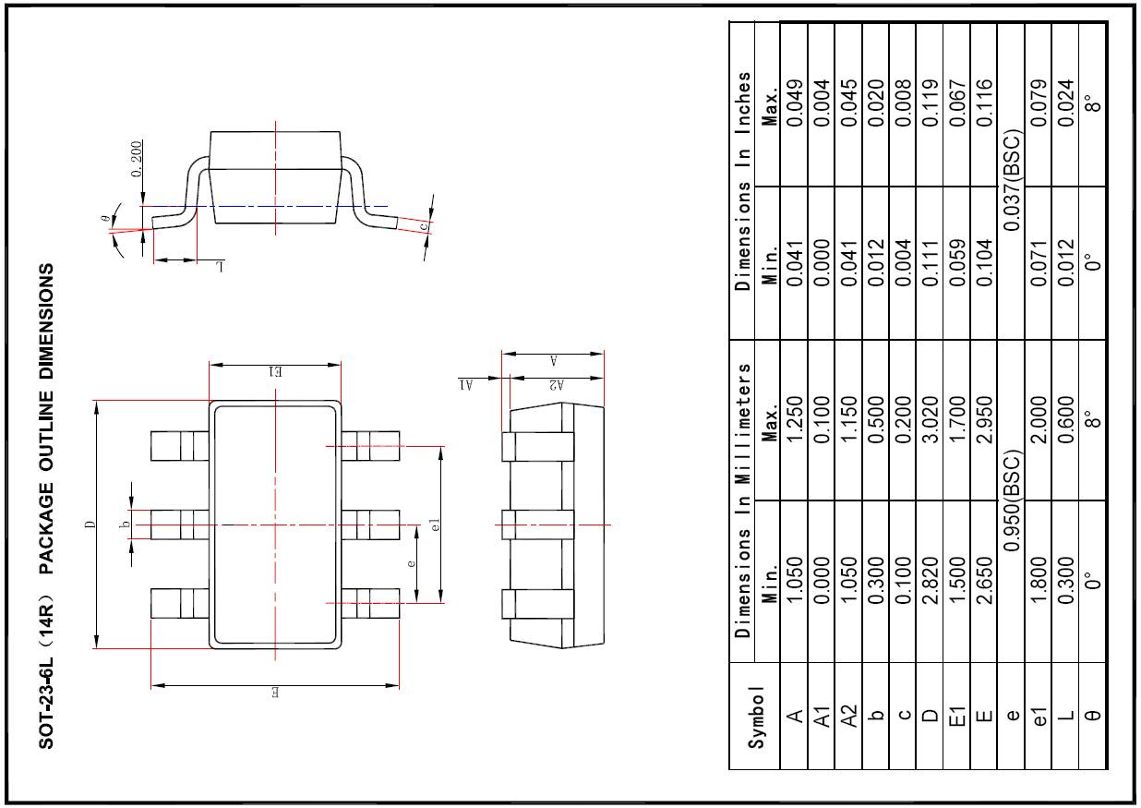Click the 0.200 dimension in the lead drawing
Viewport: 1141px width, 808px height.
coord(137,160)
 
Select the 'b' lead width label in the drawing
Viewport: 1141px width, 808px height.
coord(124,525)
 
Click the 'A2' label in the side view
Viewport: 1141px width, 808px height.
coord(555,385)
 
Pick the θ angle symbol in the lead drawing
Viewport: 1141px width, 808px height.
coord(106,220)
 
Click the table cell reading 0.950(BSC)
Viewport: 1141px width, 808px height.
coord(1012,502)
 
